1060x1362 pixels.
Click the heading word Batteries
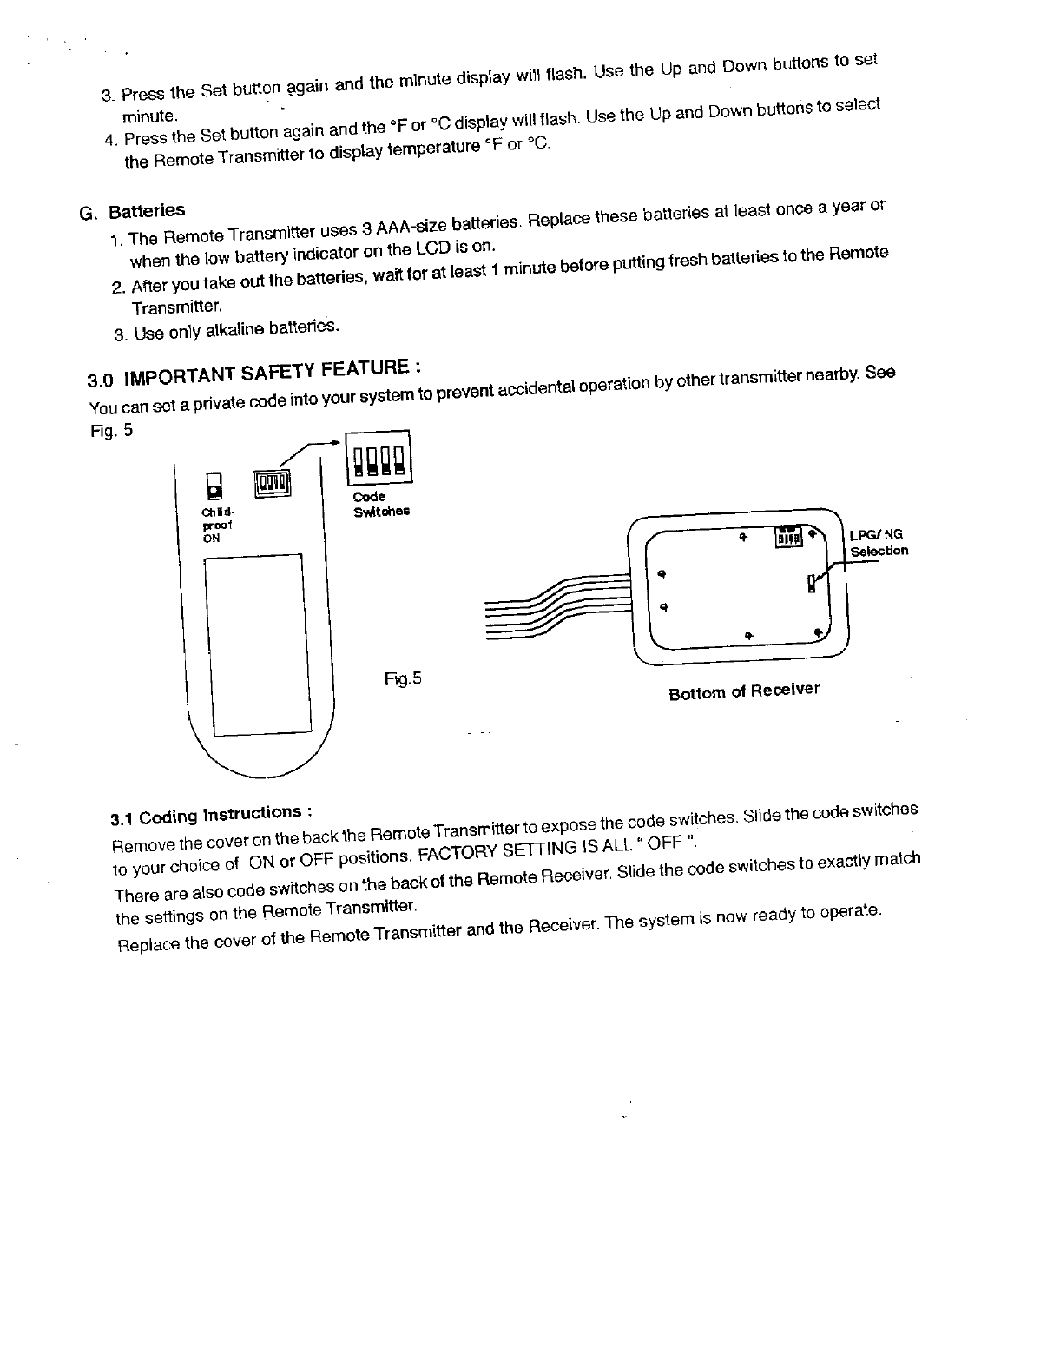pyautogui.click(x=147, y=210)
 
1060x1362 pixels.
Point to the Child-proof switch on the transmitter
pyautogui.click(x=212, y=485)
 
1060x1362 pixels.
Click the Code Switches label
pyautogui.click(x=380, y=505)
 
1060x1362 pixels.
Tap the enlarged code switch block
pyautogui.click(x=379, y=458)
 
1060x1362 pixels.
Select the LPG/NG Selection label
pyautogui.click(x=879, y=543)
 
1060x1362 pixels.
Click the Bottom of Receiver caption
pyautogui.click(x=743, y=692)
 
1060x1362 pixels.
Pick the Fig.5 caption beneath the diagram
pyautogui.click(x=403, y=678)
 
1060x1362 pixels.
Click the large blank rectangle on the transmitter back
pyautogui.click(x=256, y=645)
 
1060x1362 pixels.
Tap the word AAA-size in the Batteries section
pyautogui.click(x=395, y=227)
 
